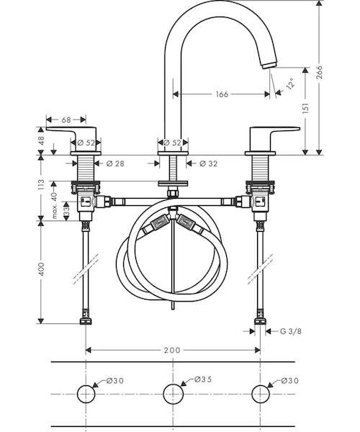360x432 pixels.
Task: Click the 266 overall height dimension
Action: click(319, 72)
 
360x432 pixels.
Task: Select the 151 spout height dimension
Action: click(305, 108)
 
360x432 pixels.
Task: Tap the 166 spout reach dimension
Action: click(222, 94)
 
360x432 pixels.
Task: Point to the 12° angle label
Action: click(290, 83)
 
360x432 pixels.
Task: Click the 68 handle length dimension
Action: click(66, 120)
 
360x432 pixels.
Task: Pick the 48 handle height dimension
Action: click(41, 141)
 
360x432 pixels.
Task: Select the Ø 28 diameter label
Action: click(115, 163)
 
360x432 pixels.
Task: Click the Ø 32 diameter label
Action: click(208, 163)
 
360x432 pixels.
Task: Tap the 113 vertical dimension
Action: click(41, 185)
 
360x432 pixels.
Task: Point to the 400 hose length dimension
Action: click(41, 270)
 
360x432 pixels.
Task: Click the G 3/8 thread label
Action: click(291, 331)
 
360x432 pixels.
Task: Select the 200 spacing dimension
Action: click(172, 350)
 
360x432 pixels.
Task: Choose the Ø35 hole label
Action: click(203, 379)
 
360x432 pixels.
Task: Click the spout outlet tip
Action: click(269, 66)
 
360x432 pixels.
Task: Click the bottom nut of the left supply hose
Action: click(86, 321)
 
